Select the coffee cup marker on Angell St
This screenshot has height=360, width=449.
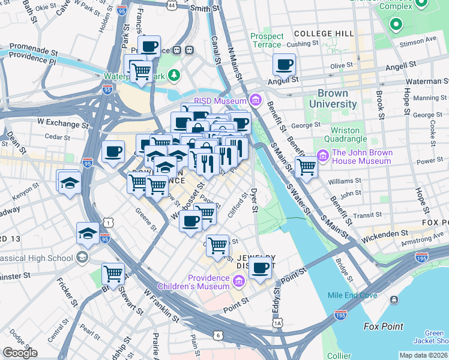(x=284, y=64)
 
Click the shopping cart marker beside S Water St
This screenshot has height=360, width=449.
(x=306, y=167)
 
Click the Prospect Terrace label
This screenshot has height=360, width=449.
(x=266, y=40)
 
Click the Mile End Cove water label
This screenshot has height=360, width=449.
(x=353, y=295)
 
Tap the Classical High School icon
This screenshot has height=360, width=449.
(x=82, y=258)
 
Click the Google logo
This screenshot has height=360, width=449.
(x=19, y=352)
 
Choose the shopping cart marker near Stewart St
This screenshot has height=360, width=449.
(x=113, y=274)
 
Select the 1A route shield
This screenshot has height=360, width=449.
(x=277, y=323)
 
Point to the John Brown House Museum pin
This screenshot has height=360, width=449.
(x=323, y=156)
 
